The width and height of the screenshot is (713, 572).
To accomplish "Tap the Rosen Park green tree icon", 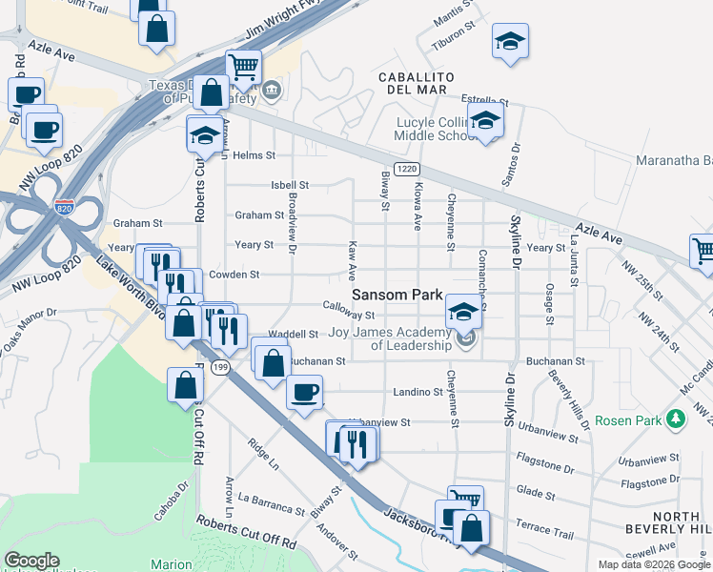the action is pyautogui.click(x=676, y=419).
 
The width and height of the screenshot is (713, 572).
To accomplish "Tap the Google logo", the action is pyautogui.click(x=31, y=561).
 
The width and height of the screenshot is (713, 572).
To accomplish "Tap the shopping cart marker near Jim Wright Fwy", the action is pyautogui.click(x=243, y=68).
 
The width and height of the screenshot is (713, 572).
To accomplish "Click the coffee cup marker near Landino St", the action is pyautogui.click(x=304, y=392).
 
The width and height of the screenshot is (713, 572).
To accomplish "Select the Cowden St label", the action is pyautogui.click(x=240, y=275).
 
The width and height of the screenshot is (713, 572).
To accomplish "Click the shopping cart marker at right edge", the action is pyautogui.click(x=703, y=251).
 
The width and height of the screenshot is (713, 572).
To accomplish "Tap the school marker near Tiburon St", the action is pyautogui.click(x=510, y=41).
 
